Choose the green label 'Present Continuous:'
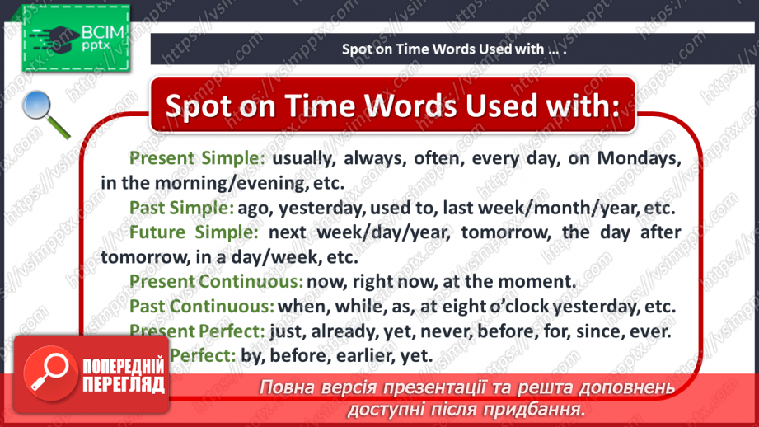tap(217, 281)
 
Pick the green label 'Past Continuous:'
tap(202, 306)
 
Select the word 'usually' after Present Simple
tap(302, 157)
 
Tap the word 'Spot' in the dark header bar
tap(358, 49)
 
